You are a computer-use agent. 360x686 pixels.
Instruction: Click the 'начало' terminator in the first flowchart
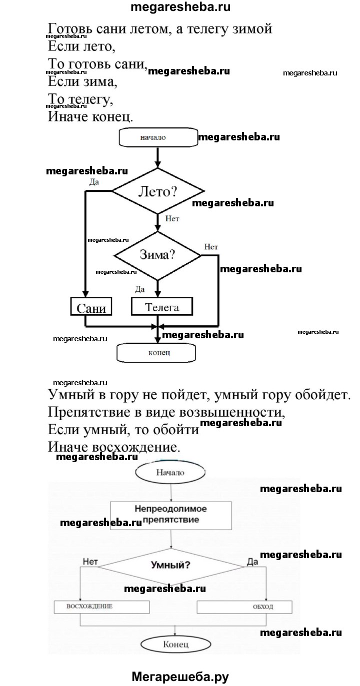(x=157, y=137)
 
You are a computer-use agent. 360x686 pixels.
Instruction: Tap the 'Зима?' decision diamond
(x=157, y=255)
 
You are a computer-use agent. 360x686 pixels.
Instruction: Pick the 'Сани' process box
(x=91, y=307)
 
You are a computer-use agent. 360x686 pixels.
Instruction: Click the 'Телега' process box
(x=161, y=306)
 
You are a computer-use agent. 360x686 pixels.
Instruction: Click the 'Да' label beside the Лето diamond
(x=94, y=182)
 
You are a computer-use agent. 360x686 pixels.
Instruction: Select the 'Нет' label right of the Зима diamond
(x=211, y=247)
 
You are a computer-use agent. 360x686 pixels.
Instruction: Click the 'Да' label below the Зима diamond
(x=140, y=288)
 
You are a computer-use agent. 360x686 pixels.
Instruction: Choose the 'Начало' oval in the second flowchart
(x=170, y=472)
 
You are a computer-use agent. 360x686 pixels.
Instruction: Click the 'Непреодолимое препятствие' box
(x=171, y=515)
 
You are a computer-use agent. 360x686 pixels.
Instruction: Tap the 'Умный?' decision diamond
(x=170, y=566)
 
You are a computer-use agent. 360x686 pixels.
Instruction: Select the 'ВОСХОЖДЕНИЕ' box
(x=101, y=607)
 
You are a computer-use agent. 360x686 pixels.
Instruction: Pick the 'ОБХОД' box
(x=244, y=607)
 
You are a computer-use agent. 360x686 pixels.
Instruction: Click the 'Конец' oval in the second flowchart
(x=175, y=645)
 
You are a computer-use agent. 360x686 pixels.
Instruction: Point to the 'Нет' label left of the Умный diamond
(x=90, y=562)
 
